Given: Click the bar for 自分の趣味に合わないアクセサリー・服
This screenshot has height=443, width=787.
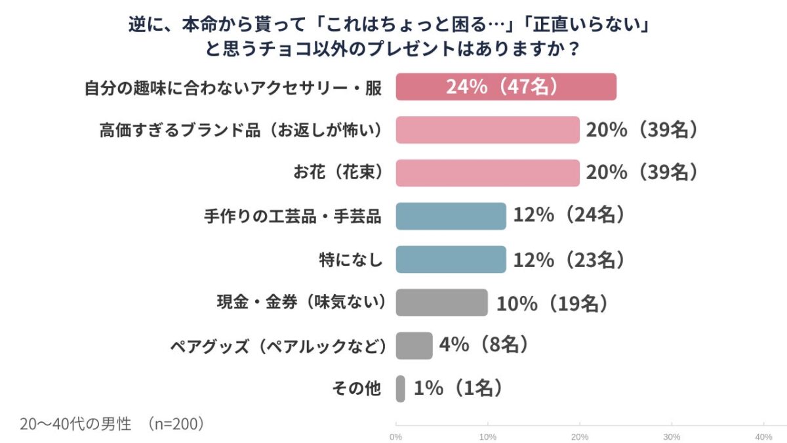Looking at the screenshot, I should point(506,87).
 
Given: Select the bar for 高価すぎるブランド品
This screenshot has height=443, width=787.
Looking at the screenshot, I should point(487,130).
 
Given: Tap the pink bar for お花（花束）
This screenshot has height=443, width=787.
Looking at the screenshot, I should point(487,173).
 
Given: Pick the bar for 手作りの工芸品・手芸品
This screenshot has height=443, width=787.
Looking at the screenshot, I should point(451,217).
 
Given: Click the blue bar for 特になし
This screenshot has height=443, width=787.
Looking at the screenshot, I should point(451,260).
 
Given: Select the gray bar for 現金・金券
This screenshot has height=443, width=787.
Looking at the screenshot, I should point(441,303).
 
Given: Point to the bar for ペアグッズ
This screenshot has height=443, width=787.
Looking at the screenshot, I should point(414,346).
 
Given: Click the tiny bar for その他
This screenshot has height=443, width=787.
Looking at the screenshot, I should point(400,389).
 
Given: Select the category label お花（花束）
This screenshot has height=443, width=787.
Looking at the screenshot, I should point(338,173).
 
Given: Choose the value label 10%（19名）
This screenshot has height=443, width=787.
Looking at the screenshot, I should point(552,303).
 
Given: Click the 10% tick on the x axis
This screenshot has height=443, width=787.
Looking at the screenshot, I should point(487,436).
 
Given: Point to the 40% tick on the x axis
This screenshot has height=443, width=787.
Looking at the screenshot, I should point(763,436).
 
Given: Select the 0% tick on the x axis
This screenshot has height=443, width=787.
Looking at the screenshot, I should point(395,436).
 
